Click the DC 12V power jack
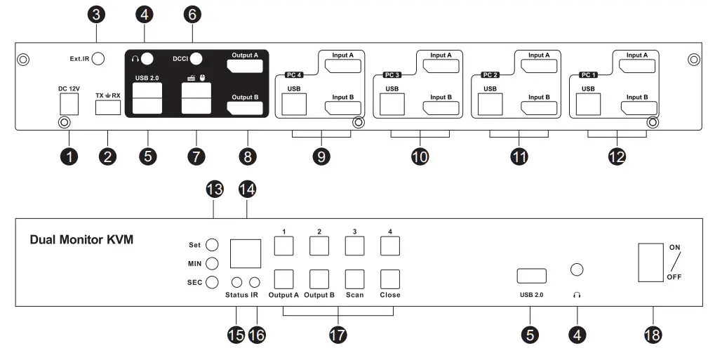[x=69, y=104]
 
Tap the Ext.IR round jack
[x=98, y=59]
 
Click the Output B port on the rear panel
[x=245, y=107]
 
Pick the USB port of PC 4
[x=293, y=103]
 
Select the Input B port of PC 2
[x=538, y=107]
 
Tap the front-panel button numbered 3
[x=354, y=245]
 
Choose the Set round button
[x=213, y=245]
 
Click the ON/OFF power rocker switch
[x=650, y=262]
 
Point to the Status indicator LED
[x=238, y=282]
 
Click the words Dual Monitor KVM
[x=81, y=240]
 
